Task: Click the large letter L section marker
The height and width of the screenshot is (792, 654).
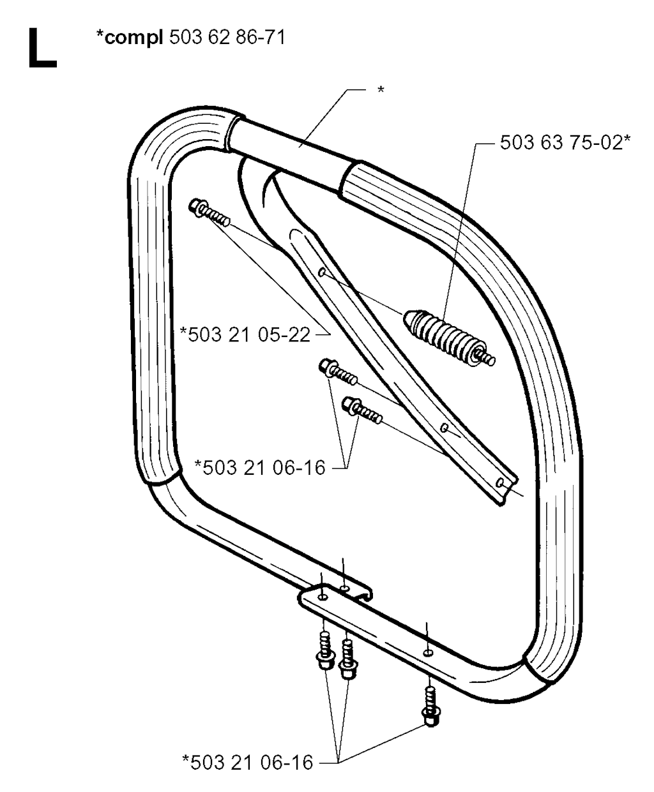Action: [42, 49]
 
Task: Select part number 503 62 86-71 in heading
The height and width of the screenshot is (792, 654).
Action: [227, 38]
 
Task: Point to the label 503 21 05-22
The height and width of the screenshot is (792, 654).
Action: [249, 335]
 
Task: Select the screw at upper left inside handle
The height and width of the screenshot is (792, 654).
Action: [209, 212]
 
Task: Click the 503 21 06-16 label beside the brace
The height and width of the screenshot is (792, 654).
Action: [264, 468]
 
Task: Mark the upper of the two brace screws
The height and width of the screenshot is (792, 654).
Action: [338, 373]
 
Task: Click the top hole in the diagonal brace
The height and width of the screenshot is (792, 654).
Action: [321, 272]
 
